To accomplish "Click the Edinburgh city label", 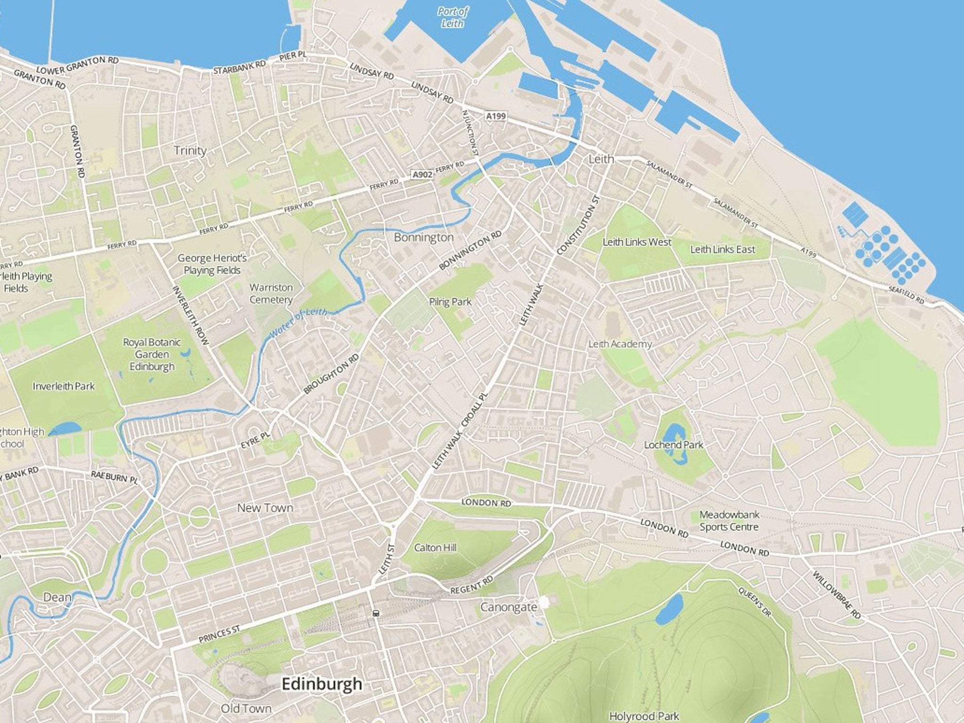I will [x=322, y=684].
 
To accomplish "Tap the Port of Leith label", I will [x=452, y=17].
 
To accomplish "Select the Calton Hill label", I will [x=435, y=548].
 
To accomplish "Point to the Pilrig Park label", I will [x=450, y=301].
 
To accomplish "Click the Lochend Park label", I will [x=674, y=444].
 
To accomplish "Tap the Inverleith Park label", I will [x=64, y=386].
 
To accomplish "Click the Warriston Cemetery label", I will [x=271, y=293].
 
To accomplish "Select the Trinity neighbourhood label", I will [x=190, y=151].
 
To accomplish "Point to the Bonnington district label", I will [x=424, y=237].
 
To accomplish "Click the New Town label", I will [x=265, y=508].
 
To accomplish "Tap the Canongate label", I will [x=508, y=607].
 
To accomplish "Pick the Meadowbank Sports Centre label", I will [x=729, y=521].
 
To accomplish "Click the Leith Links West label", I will [x=637, y=242].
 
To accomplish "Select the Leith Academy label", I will [x=620, y=344].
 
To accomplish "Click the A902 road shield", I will [x=422, y=175].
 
